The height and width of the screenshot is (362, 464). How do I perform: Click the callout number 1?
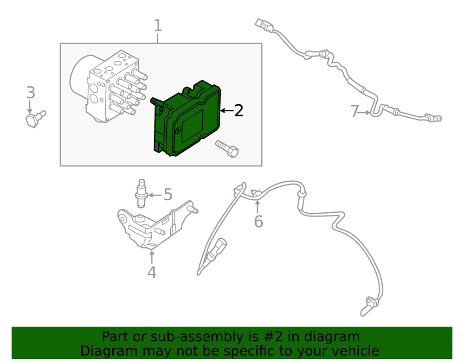click(x=158, y=26)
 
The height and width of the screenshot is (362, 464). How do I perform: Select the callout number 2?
click(x=238, y=111)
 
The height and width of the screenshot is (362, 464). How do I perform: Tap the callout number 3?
click(x=31, y=93)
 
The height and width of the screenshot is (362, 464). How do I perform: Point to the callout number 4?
click(x=152, y=272)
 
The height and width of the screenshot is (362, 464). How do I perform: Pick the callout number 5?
click(x=168, y=195)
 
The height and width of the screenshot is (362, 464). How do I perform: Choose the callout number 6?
click(x=258, y=222)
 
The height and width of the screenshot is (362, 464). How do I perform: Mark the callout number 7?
click(x=355, y=111)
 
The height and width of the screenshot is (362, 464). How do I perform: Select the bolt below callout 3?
click(x=34, y=119)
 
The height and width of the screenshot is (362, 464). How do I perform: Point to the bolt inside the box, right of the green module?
click(x=227, y=150)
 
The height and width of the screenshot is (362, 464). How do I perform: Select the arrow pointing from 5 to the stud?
click(x=155, y=195)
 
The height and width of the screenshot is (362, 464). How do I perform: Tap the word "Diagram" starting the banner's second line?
click(x=105, y=351)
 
